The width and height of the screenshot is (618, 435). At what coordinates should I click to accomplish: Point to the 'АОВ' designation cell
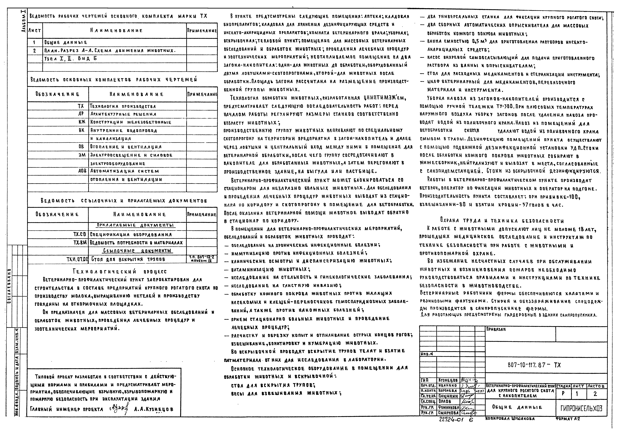click(x=82, y=171)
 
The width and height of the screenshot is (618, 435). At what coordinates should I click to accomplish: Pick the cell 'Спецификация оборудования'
click(x=131, y=234)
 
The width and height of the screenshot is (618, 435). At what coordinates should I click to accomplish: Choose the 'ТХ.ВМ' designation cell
click(x=80, y=243)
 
